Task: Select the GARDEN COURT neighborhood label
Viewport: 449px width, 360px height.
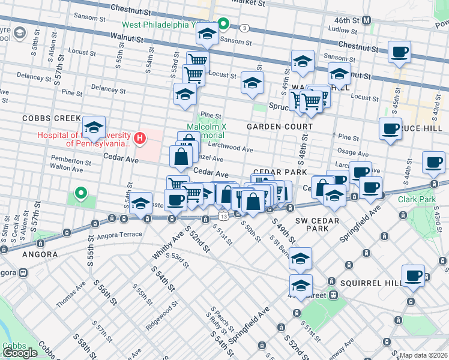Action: point(280,127)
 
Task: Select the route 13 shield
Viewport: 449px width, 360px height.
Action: point(223,215)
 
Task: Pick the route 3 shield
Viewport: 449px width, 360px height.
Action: point(244,28)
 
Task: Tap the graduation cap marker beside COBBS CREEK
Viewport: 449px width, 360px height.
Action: point(94,127)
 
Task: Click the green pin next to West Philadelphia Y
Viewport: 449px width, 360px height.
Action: point(223,25)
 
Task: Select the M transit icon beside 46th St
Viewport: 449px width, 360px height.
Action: point(367,20)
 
